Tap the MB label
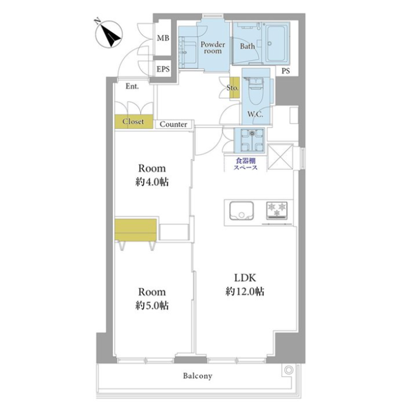coord(162,38)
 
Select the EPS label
coord(162,69)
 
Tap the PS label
coord(286,71)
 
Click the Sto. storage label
coord(233,88)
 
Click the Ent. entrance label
coord(132,87)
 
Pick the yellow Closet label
coord(133,121)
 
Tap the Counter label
coord(174,125)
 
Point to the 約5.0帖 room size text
coord(152,305)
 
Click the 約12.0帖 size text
coord(244,292)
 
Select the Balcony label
coord(197,376)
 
